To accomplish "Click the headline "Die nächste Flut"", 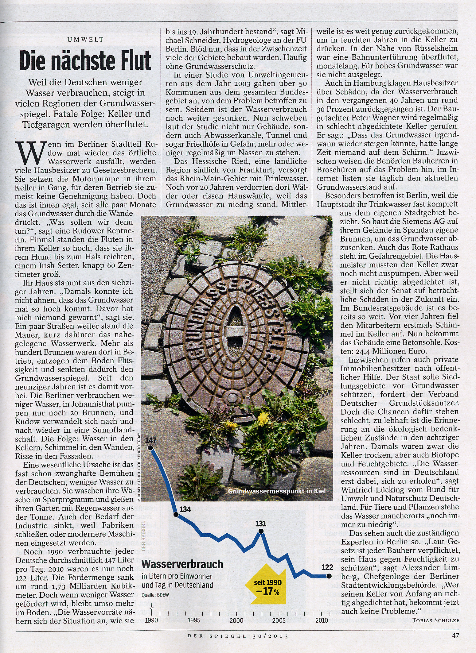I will click(x=85, y=61).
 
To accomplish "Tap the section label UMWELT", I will click(x=85, y=40).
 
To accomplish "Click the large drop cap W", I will click(x=30, y=153).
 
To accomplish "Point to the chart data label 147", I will click(x=151, y=440).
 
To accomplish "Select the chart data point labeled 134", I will click(x=176, y=514).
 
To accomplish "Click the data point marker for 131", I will click(x=261, y=531).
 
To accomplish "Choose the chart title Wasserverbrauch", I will click(x=182, y=564).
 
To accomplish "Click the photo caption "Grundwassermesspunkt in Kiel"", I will click(x=276, y=491).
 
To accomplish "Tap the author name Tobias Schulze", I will click(x=436, y=620).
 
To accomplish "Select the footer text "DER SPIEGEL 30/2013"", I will click(x=238, y=636).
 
